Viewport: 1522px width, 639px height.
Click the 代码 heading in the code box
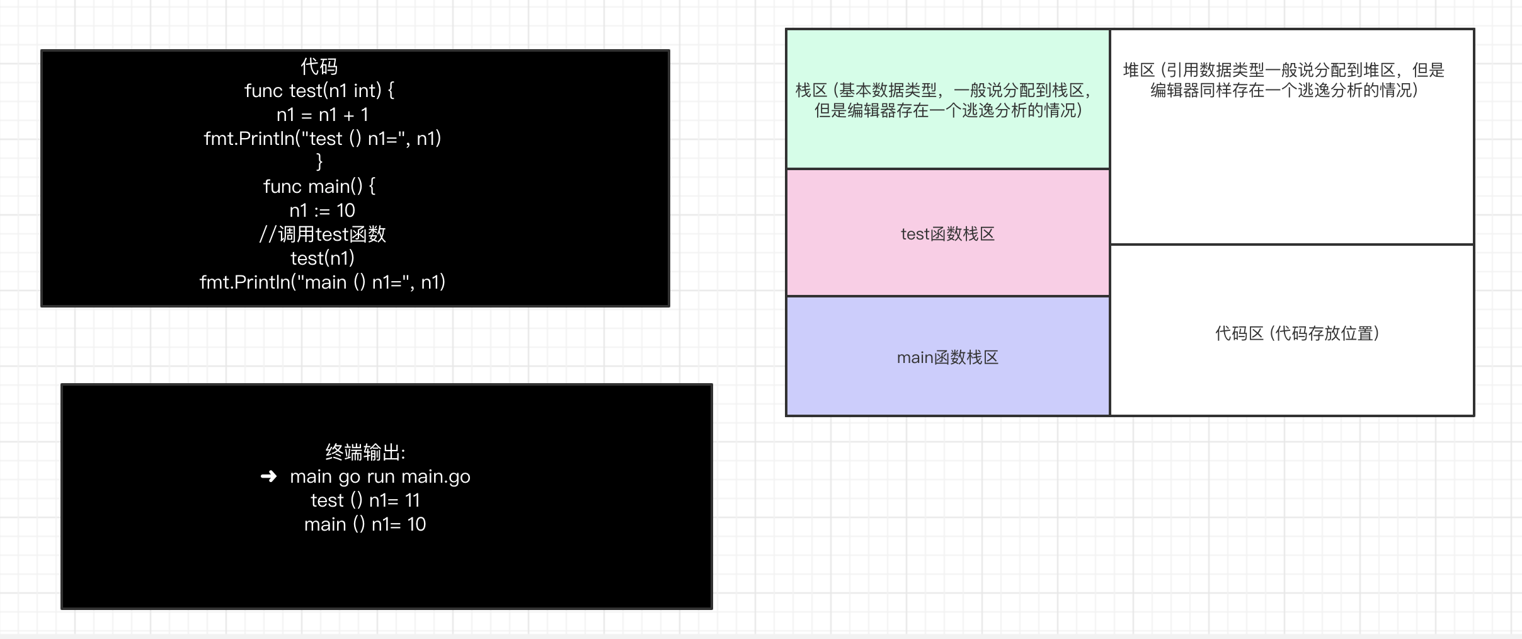pyautogui.click(x=319, y=66)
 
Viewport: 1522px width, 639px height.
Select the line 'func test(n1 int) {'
pyautogui.click(x=319, y=91)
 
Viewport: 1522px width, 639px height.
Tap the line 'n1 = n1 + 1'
pyautogui.click(x=322, y=115)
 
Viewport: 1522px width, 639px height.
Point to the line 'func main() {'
pyautogui.click(x=319, y=187)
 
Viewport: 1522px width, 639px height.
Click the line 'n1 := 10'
pyautogui.click(x=322, y=210)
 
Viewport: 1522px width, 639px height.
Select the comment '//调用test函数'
pyautogui.click(x=322, y=234)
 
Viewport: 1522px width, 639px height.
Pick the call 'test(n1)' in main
pyautogui.click(x=322, y=258)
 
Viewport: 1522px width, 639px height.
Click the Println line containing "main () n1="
pyautogui.click(x=322, y=282)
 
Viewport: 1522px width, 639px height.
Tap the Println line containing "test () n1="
pyautogui.click(x=322, y=139)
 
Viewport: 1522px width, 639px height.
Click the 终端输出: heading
pyautogui.click(x=365, y=452)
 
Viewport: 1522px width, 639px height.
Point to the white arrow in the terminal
pyautogui.click(x=268, y=476)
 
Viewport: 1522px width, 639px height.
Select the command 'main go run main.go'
pyautogui.click(x=380, y=476)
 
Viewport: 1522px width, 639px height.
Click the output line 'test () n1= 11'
pyautogui.click(x=365, y=500)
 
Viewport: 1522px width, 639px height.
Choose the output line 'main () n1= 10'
pyautogui.click(x=365, y=524)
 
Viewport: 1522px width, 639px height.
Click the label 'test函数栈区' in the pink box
pyautogui.click(x=947, y=234)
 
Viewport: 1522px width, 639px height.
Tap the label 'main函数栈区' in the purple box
pyautogui.click(x=947, y=358)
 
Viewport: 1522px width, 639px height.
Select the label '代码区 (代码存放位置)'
pyautogui.click(x=1296, y=333)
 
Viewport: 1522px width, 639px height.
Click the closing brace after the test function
pyautogui.click(x=319, y=162)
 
